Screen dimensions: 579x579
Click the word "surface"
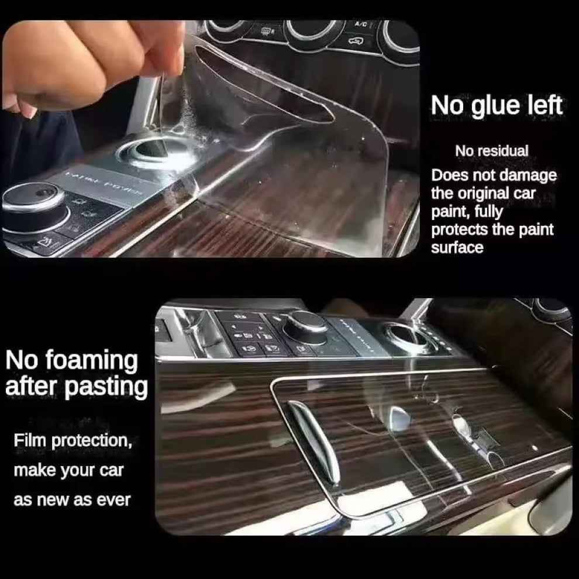457,247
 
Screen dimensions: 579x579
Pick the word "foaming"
92,361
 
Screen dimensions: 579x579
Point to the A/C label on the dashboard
360,25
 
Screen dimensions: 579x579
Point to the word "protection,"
92,441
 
